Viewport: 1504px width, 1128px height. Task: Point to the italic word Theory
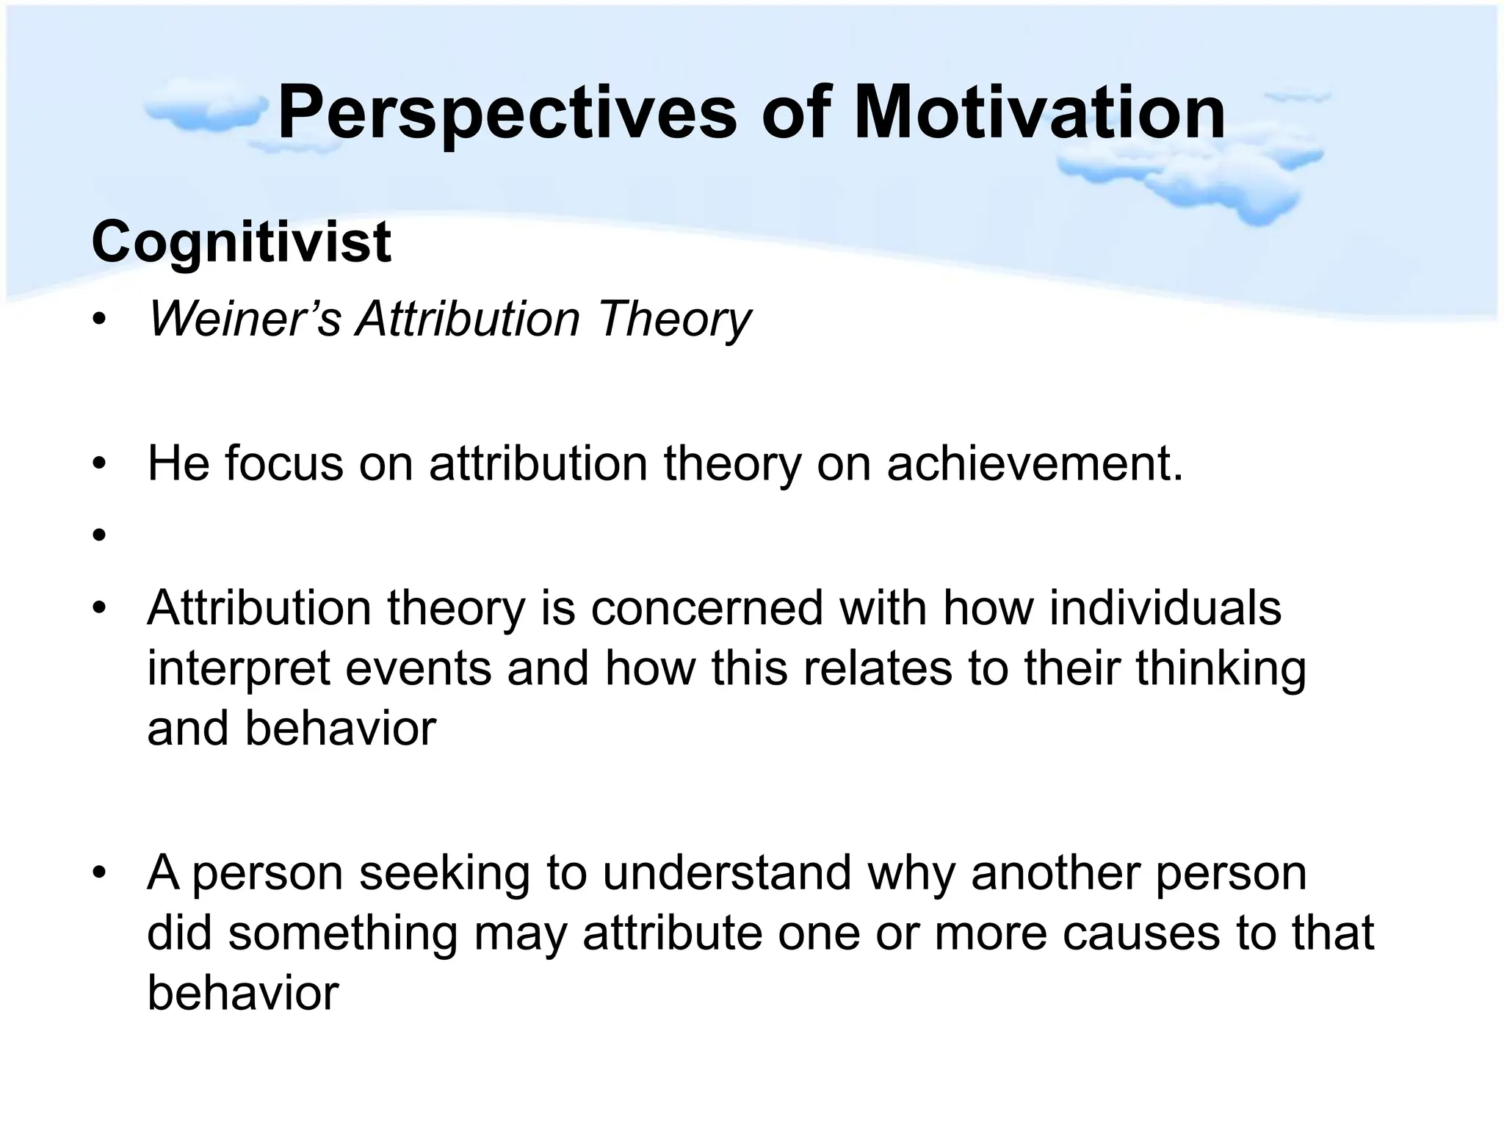(x=674, y=321)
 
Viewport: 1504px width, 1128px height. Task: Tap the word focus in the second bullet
(x=283, y=463)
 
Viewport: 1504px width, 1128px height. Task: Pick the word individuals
(x=1165, y=608)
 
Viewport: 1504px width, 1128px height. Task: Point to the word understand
(x=727, y=872)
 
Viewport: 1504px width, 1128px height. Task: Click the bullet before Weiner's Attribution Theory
(x=99, y=320)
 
